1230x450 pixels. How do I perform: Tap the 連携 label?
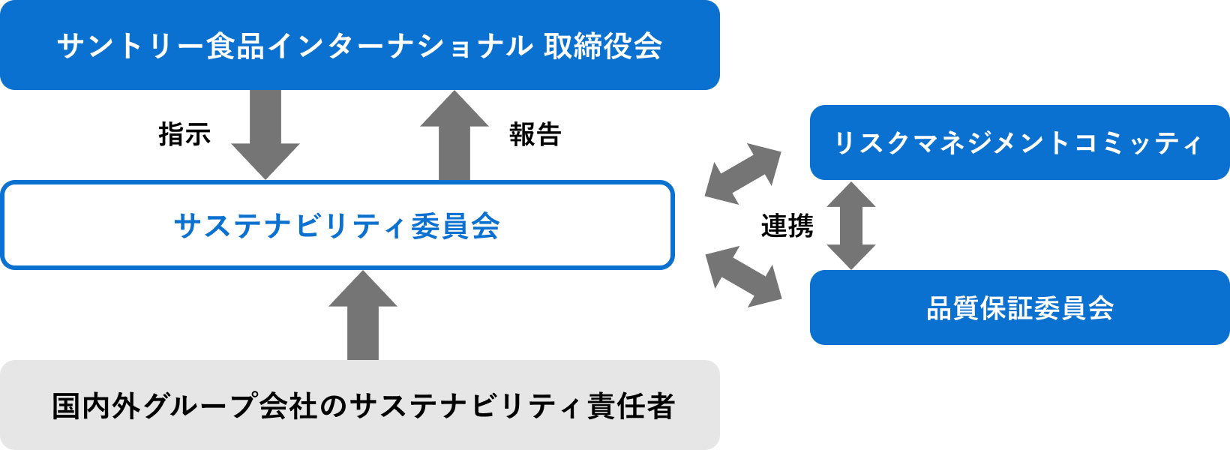(787, 226)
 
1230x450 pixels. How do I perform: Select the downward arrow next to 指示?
(265, 135)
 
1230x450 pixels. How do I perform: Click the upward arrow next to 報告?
(454, 135)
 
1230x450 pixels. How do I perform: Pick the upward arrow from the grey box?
(363, 315)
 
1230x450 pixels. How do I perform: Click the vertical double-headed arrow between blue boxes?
(850, 225)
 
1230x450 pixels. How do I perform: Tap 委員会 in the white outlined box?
(455, 226)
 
